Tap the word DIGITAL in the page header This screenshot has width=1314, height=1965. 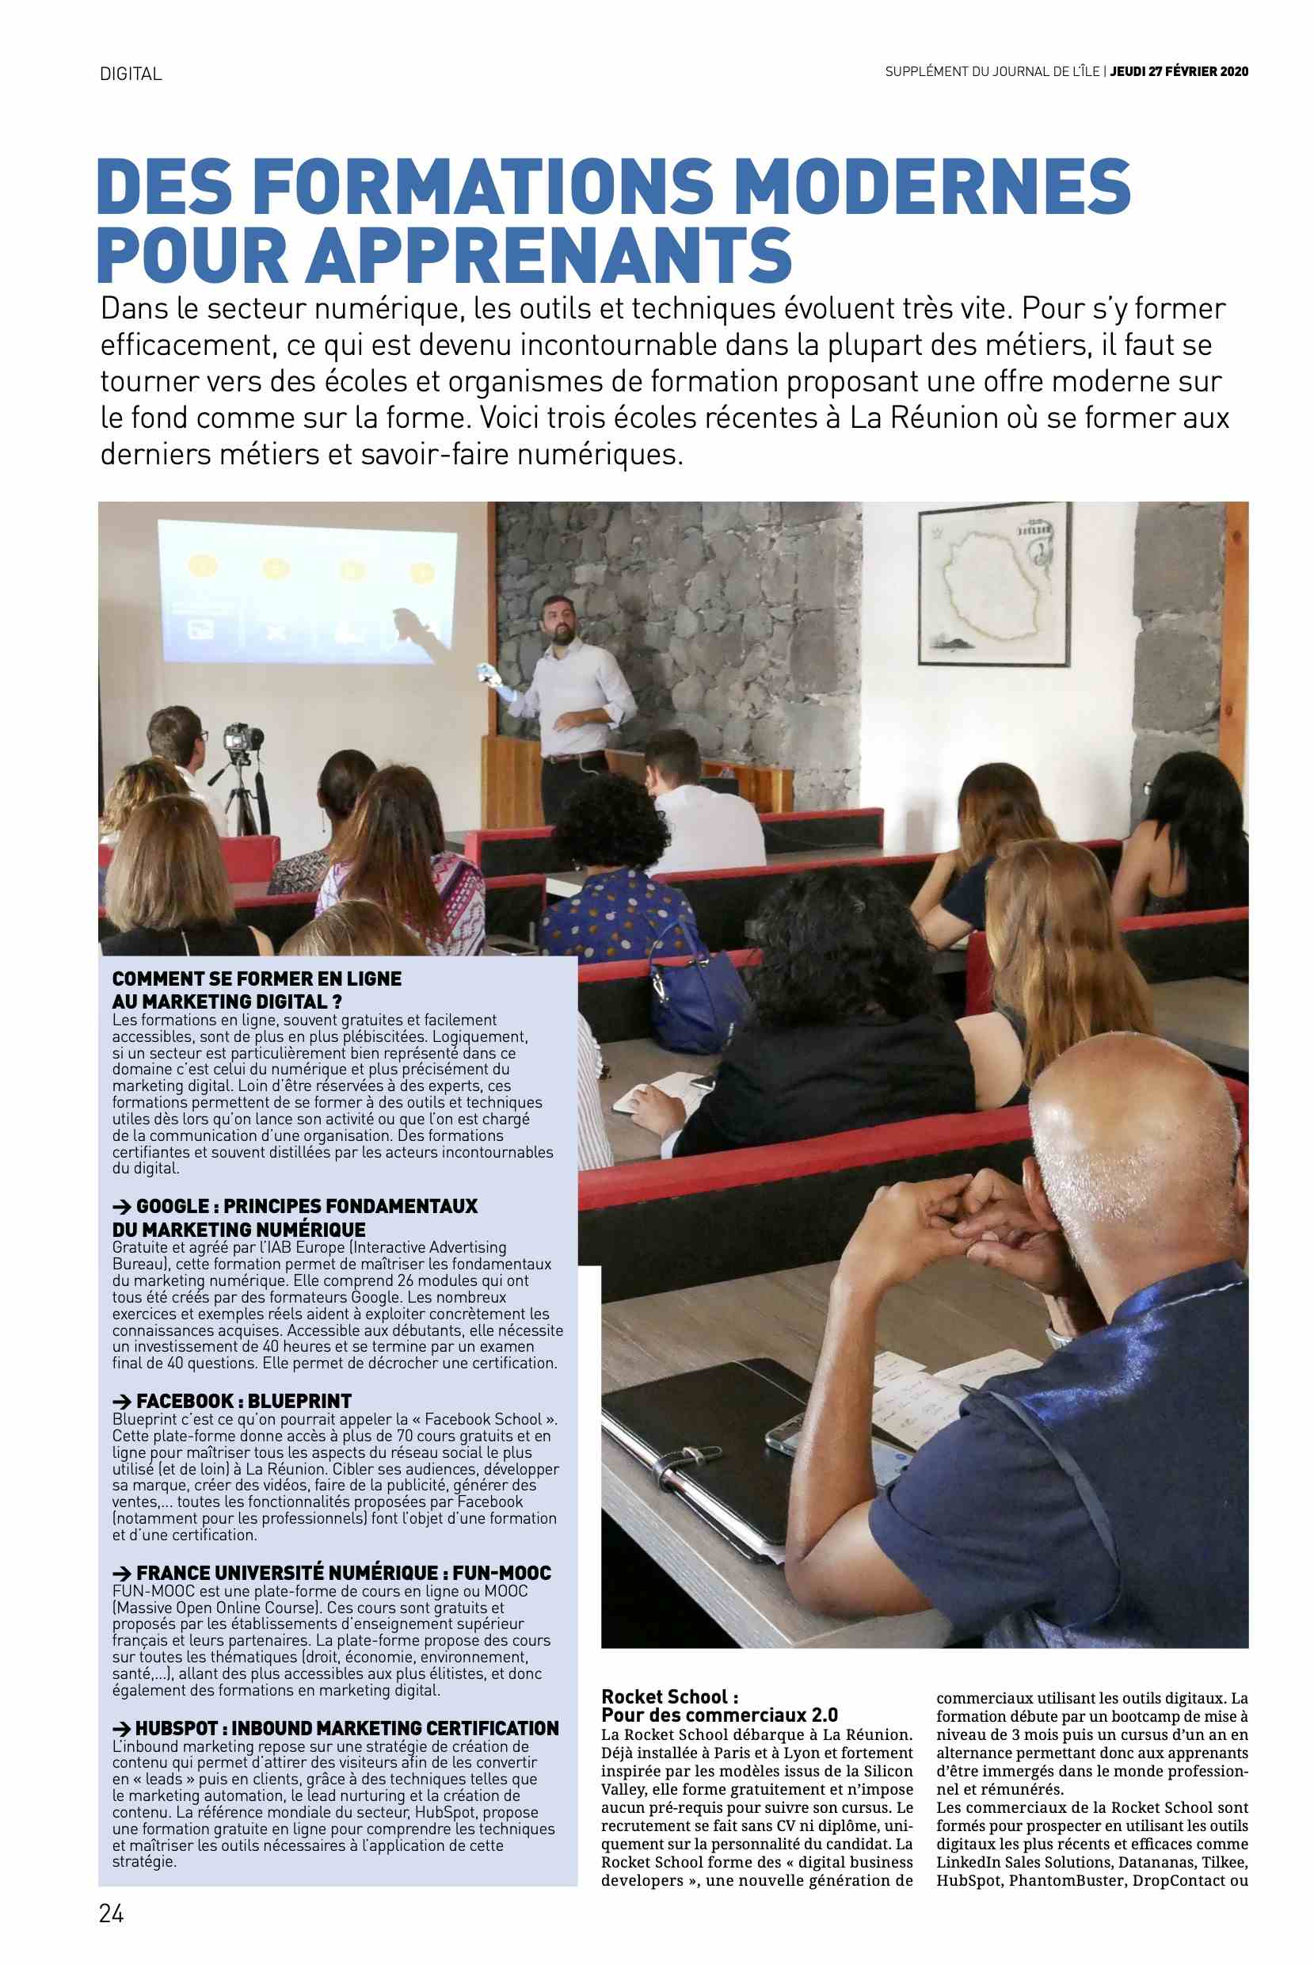point(131,74)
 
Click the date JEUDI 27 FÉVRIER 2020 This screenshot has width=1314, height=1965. point(1179,72)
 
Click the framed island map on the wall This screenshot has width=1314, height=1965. point(995,583)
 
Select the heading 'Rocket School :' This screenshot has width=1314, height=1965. point(670,1674)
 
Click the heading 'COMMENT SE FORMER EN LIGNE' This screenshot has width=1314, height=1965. point(257,979)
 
